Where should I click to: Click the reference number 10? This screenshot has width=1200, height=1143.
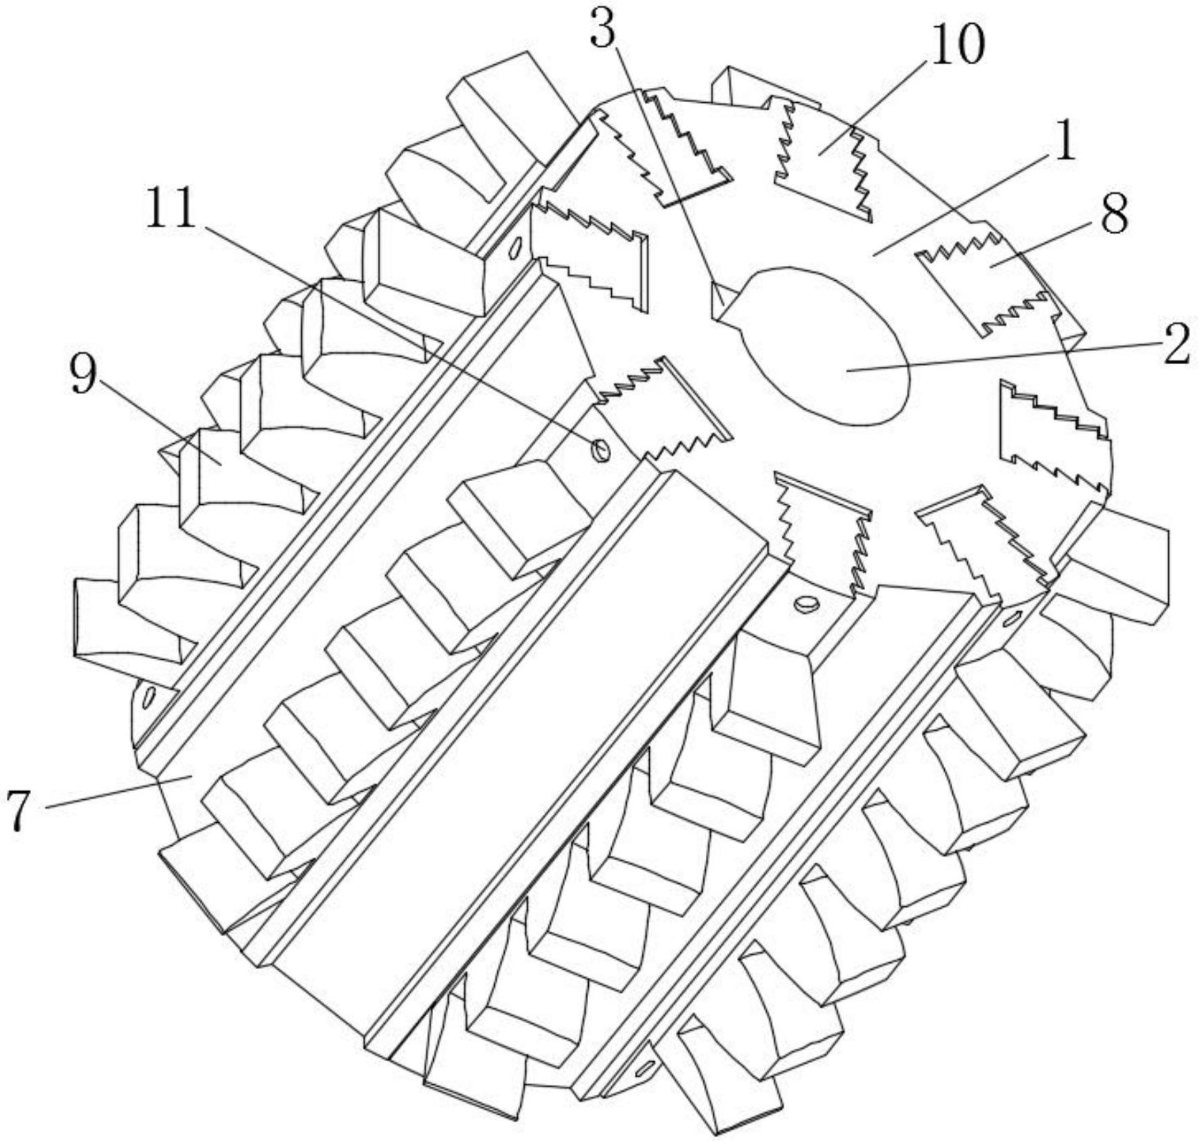957,45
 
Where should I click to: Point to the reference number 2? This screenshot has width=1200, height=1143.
1176,344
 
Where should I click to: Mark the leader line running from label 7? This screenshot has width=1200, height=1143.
115,792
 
